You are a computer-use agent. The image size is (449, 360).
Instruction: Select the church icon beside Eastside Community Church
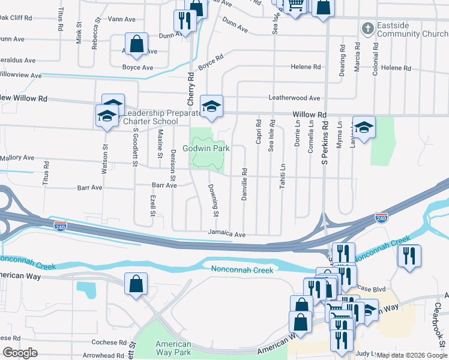(x=367, y=28)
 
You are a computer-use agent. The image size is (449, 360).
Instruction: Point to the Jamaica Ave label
(x=227, y=234)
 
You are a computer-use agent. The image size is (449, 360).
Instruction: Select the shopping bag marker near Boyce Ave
(x=137, y=44)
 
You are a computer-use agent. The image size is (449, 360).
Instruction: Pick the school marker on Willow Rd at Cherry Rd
(x=211, y=105)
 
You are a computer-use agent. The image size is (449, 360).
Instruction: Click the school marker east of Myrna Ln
(x=364, y=126)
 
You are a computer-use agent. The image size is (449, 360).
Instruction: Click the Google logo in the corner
(x=20, y=353)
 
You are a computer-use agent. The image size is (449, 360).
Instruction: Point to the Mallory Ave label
(x=17, y=158)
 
